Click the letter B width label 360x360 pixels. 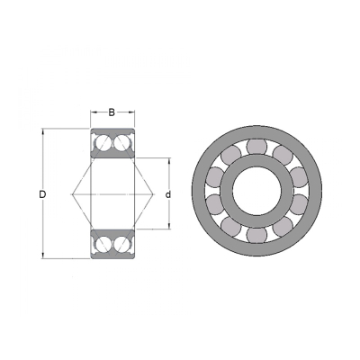click(112, 112)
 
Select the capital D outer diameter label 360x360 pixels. click(42, 194)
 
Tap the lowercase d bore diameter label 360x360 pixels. click(168, 194)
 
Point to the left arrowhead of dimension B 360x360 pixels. click(94, 112)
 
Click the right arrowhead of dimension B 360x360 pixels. click(131, 112)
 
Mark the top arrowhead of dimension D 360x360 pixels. click(43, 131)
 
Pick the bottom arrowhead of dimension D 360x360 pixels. click(43, 256)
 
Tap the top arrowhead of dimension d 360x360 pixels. click(169, 161)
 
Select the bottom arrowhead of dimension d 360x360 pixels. click(169, 226)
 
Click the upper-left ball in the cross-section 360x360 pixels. click(103, 142)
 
